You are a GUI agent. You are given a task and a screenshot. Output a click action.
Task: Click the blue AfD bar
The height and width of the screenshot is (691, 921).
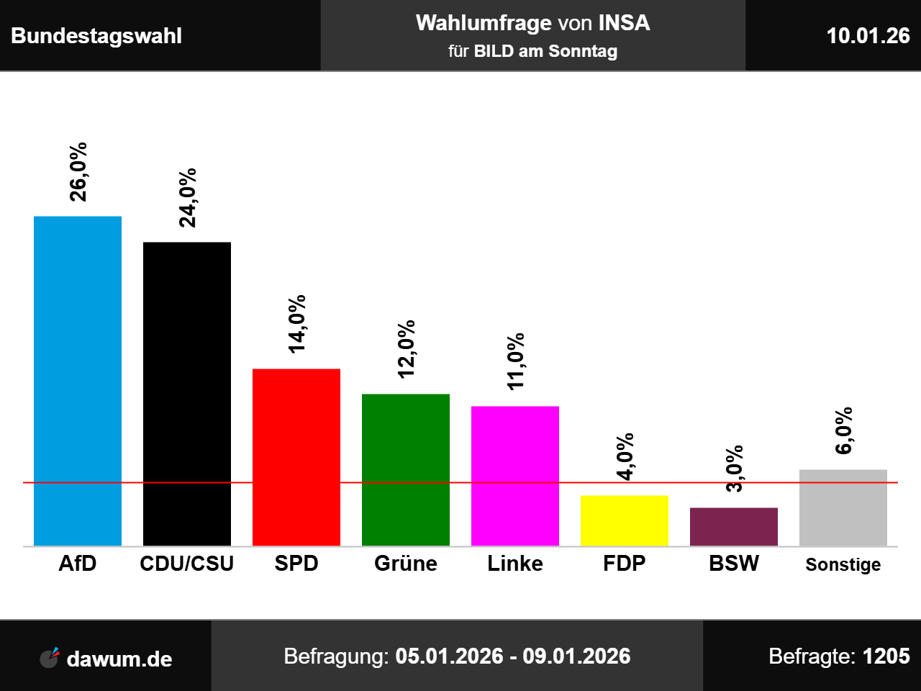pyautogui.click(x=78, y=381)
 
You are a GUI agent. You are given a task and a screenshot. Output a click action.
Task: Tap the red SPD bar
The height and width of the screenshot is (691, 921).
pyautogui.click(x=296, y=457)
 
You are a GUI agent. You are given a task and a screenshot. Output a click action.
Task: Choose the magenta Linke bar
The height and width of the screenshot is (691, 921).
pyautogui.click(x=515, y=476)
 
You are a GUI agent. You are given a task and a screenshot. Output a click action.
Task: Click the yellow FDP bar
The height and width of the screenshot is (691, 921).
pyautogui.click(x=625, y=520)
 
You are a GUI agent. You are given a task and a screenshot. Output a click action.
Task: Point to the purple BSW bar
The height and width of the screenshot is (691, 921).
pyautogui.click(x=734, y=527)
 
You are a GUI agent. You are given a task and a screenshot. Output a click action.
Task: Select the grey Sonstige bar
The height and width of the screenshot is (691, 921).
pyautogui.click(x=843, y=507)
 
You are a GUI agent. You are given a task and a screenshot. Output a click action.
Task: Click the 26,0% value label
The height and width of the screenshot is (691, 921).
pyautogui.click(x=78, y=171)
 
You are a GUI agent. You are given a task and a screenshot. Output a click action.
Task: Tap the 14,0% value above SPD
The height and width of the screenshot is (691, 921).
pyautogui.click(x=296, y=323)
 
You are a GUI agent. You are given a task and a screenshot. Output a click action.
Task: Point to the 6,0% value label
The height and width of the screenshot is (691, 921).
pyautogui.click(x=843, y=430)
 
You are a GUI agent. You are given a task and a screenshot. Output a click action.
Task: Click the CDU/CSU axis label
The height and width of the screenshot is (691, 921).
pyautogui.click(x=187, y=564)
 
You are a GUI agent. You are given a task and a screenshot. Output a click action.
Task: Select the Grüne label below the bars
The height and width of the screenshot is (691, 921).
pyautogui.click(x=406, y=564)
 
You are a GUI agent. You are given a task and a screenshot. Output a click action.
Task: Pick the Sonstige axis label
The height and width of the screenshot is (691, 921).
pyautogui.click(x=843, y=565)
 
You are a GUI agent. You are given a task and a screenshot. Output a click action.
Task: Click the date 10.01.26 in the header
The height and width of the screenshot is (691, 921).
pyautogui.click(x=868, y=36)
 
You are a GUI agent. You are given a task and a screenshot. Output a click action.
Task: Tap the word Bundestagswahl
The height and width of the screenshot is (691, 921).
pyautogui.click(x=96, y=36)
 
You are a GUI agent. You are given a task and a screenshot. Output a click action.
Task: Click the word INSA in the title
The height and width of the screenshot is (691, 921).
pyautogui.click(x=624, y=23)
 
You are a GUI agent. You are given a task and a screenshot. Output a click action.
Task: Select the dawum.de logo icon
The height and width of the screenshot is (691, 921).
pyautogui.click(x=50, y=657)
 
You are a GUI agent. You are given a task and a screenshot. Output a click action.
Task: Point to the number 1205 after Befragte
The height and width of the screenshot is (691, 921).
pyautogui.click(x=886, y=656)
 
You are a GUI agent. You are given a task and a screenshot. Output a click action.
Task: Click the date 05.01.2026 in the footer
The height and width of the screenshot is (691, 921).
pyautogui.click(x=449, y=656)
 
